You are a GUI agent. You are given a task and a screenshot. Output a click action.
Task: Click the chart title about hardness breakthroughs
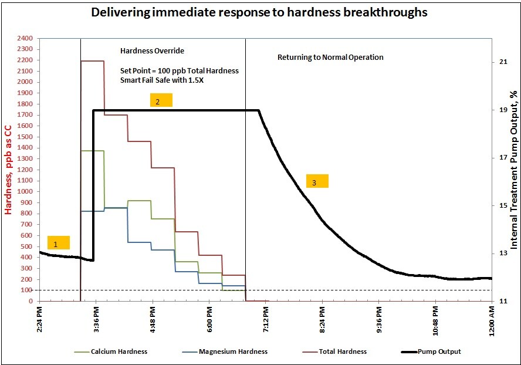click(x=259, y=12)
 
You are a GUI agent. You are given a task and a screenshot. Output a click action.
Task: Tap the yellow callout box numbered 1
click(x=58, y=243)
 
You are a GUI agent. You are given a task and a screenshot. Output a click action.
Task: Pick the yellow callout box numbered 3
click(x=317, y=181)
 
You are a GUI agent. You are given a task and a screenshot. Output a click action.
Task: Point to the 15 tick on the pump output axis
click(x=503, y=205)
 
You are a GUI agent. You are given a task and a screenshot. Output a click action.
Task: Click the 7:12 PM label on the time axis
click(x=265, y=321)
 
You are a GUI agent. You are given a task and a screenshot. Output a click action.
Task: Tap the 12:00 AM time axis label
click(x=492, y=321)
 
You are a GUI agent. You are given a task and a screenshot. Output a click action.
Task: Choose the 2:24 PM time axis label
click(x=39, y=321)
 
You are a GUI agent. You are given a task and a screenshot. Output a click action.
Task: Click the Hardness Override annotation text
click(x=152, y=51)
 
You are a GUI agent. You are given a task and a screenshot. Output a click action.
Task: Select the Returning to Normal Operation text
click(x=330, y=58)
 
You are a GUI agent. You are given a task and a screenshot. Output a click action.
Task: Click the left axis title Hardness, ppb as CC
click(x=9, y=170)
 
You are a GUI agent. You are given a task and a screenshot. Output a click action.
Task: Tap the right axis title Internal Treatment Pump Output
click(x=514, y=170)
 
